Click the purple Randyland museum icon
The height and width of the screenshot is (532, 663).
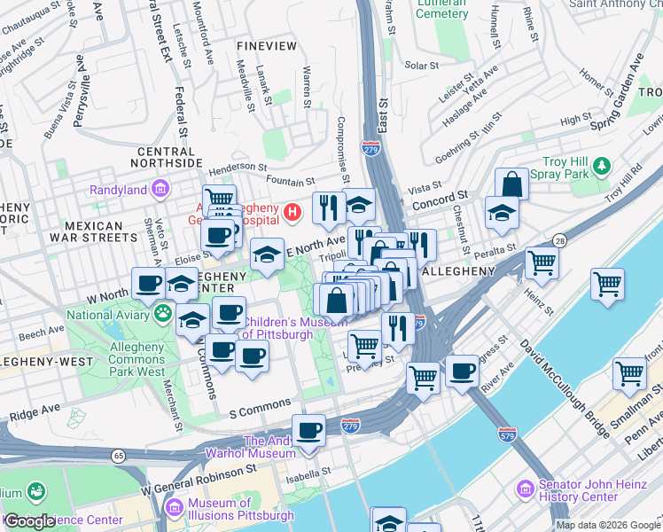(x=160, y=189)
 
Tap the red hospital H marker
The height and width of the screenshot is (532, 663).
(x=292, y=213)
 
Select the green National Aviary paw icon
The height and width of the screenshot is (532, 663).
(x=163, y=312)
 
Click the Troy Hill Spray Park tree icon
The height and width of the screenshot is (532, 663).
(x=603, y=166)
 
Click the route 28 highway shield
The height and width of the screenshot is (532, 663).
(x=559, y=240)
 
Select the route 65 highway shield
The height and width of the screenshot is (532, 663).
(x=118, y=455)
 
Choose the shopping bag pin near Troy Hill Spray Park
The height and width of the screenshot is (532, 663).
(x=511, y=184)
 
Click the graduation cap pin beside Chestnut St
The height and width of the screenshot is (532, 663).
(x=501, y=213)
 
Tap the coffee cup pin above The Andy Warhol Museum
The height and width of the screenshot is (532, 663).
(x=308, y=431)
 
